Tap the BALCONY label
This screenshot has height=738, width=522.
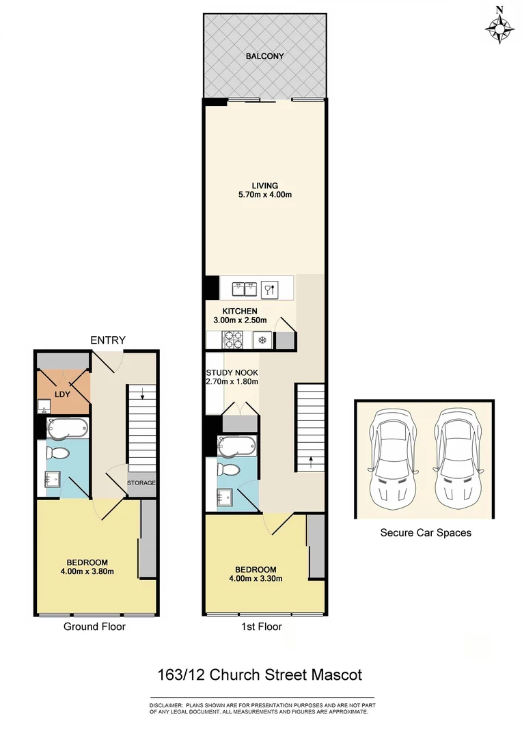point(264,56)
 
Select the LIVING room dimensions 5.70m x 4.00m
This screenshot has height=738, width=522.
point(264,195)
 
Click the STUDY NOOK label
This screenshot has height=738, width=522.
point(232,372)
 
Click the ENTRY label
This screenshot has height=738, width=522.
point(108,341)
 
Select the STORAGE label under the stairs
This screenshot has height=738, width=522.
point(141,483)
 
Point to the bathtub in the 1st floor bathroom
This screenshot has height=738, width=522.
point(236,446)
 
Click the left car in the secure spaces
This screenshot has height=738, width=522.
point(390,456)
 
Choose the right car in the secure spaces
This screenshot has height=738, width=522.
point(456,456)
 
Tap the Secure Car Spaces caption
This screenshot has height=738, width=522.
point(425,532)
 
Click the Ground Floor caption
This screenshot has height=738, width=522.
point(94,626)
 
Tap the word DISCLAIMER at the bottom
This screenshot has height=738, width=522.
point(166,705)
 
